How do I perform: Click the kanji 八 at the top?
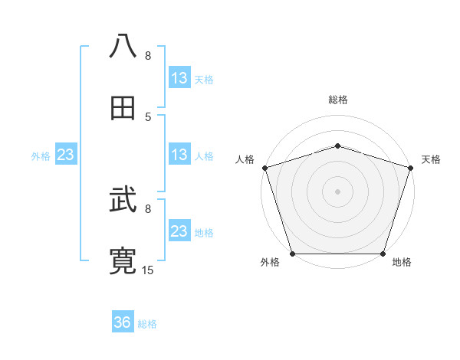point(123,47)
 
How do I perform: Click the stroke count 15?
point(148,270)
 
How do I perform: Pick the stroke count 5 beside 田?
point(148,116)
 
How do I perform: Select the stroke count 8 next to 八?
point(148,55)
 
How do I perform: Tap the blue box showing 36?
point(123,322)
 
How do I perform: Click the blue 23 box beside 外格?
point(66,155)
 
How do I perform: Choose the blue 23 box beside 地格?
point(179,231)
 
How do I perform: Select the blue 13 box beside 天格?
point(179,78)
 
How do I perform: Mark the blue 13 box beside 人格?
point(179,155)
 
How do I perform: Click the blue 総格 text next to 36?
point(148,324)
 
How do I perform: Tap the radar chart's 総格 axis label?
point(337,100)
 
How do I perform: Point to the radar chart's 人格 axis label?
point(245,159)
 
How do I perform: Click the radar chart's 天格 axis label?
point(432,159)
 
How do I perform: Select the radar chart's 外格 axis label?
point(270,262)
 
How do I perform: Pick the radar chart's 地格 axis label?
point(402,262)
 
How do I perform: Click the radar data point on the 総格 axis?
point(337,146)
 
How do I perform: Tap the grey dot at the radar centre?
point(337,191)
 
